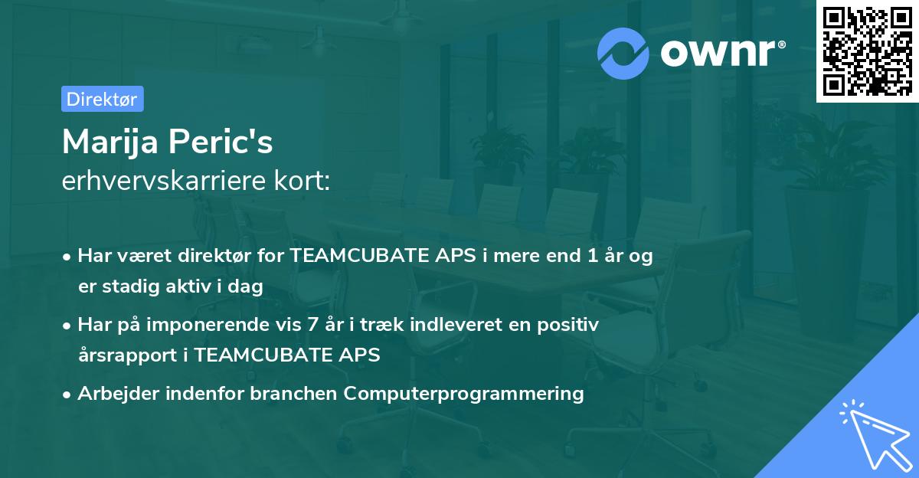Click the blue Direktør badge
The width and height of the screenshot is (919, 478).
(103, 99)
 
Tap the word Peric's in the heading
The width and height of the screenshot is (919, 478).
(221, 142)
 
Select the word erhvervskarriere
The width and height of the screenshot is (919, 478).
(164, 181)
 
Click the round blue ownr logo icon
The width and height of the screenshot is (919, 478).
(623, 54)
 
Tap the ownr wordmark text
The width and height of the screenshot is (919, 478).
(718, 53)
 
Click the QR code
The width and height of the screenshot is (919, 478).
(868, 51)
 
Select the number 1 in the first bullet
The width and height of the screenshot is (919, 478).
(593, 255)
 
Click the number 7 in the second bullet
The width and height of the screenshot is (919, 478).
(312, 324)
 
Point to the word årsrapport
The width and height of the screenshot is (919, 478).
(128, 355)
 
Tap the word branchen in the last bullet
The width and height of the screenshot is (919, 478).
(293, 393)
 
